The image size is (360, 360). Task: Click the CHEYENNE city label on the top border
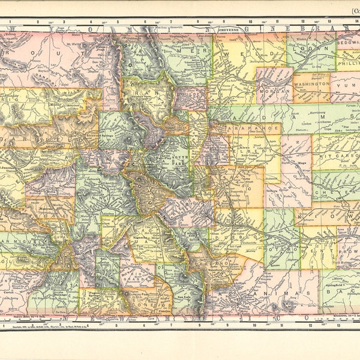point(229,28)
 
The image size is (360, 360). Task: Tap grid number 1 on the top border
point(10,22)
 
